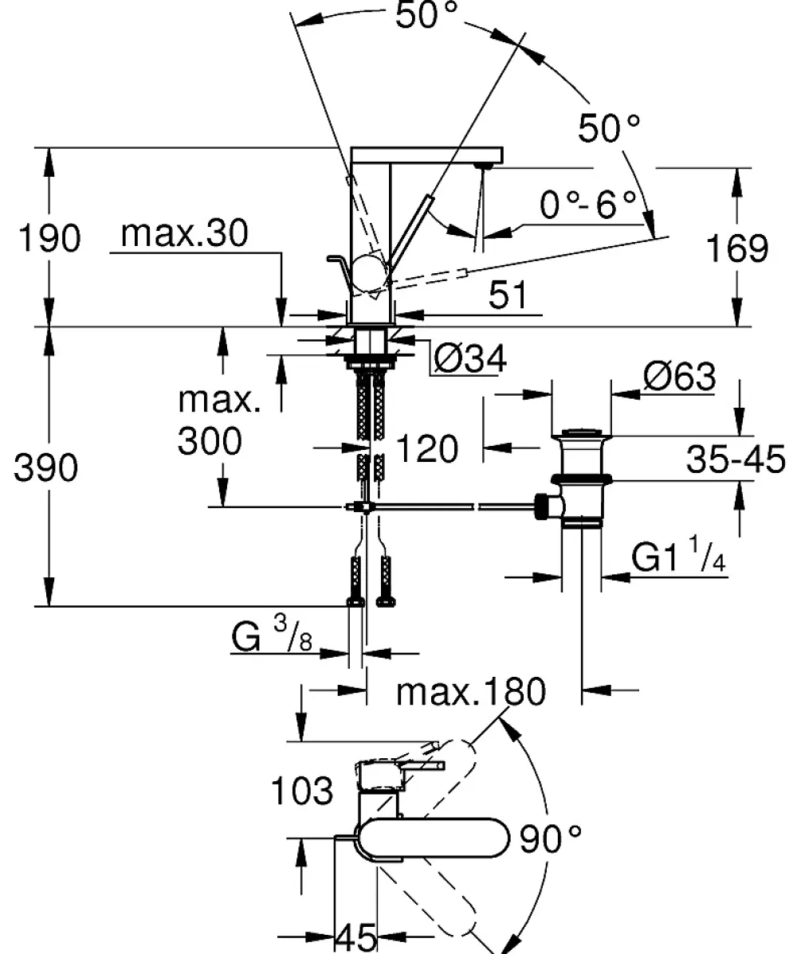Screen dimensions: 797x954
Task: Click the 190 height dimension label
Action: (x=49, y=238)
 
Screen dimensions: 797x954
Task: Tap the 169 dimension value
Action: (x=737, y=248)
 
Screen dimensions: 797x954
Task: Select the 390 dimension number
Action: (x=46, y=468)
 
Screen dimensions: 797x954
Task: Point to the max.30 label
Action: (x=184, y=233)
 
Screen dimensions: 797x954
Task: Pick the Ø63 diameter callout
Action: (x=680, y=377)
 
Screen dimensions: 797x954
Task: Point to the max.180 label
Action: (x=471, y=692)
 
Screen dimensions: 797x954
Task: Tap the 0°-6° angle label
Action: (x=588, y=204)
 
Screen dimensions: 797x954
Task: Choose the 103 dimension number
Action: (x=302, y=791)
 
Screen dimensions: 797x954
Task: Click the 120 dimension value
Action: (x=427, y=450)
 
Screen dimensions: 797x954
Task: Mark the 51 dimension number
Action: (x=508, y=295)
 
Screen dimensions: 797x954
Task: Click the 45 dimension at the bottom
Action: (x=356, y=937)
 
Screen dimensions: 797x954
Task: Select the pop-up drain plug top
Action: (x=581, y=434)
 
